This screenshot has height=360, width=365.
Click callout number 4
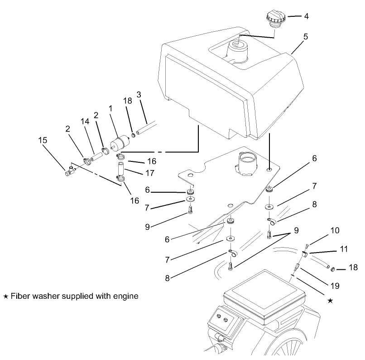pyautogui.click(x=306, y=17)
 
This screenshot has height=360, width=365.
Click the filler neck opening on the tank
pyautogui.click(x=237, y=46)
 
